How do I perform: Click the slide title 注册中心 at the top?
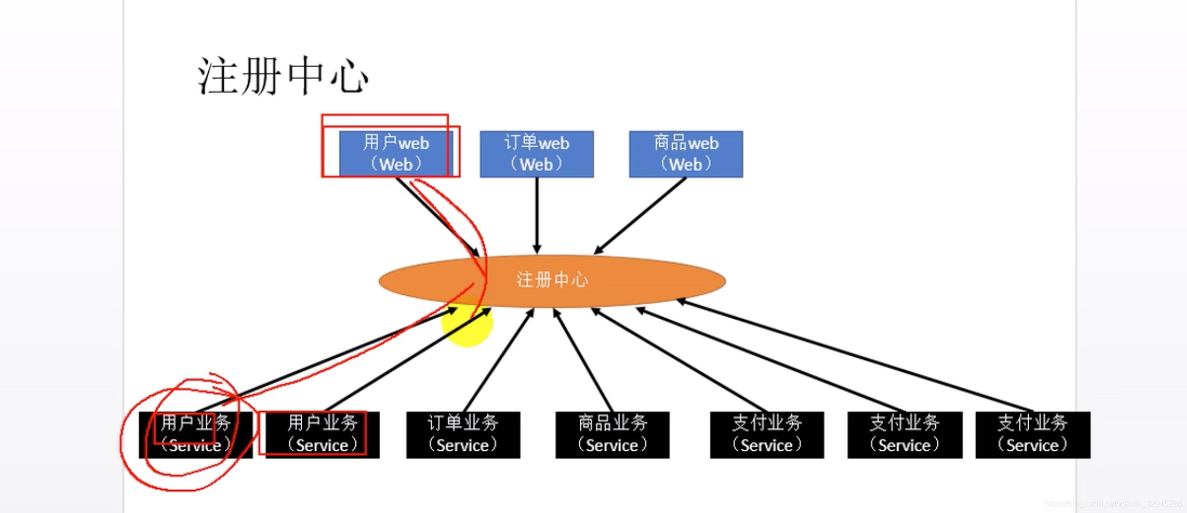(282, 76)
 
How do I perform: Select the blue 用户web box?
(395, 154)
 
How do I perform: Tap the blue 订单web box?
(536, 154)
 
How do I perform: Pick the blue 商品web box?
(686, 154)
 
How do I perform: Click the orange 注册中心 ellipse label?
(552, 280)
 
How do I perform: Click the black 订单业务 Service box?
(463, 435)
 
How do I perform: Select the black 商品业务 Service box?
(612, 435)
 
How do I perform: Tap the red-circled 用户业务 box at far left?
(195, 435)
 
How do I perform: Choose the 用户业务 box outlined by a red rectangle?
(322, 435)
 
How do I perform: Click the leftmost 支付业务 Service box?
(766, 435)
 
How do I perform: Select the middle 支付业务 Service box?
(904, 435)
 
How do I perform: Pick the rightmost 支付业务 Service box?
(1032, 435)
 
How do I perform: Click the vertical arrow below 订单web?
(537, 215)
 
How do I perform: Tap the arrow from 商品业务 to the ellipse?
(584, 360)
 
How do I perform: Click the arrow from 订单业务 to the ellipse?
(498, 360)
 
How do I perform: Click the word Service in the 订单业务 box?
(463, 445)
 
